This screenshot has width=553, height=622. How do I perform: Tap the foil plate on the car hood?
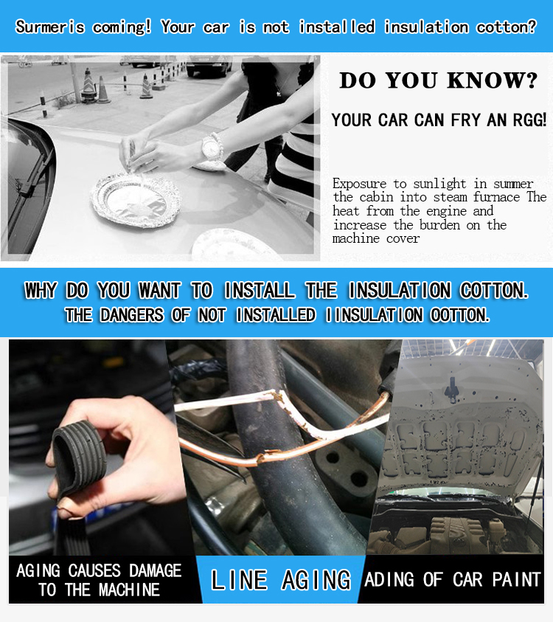coord(136,200)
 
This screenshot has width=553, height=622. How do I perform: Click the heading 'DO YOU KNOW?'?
coord(439,80)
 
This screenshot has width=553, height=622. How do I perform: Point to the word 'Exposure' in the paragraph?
coord(359,184)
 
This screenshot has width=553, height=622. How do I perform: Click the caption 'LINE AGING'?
coord(281,580)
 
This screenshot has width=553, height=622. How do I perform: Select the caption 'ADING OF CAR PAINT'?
coord(452,579)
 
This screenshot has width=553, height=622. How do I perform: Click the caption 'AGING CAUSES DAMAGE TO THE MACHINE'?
coord(99,580)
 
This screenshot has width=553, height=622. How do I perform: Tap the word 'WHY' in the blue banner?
coord(41,290)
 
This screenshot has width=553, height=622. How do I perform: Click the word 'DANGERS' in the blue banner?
coord(132,315)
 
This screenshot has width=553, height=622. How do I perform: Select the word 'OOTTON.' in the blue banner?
coord(460,315)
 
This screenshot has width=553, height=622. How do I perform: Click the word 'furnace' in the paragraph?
coord(496,197)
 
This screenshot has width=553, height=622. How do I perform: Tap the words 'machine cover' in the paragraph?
coord(376,238)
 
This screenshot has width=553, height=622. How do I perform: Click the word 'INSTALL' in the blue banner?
coord(260,290)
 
